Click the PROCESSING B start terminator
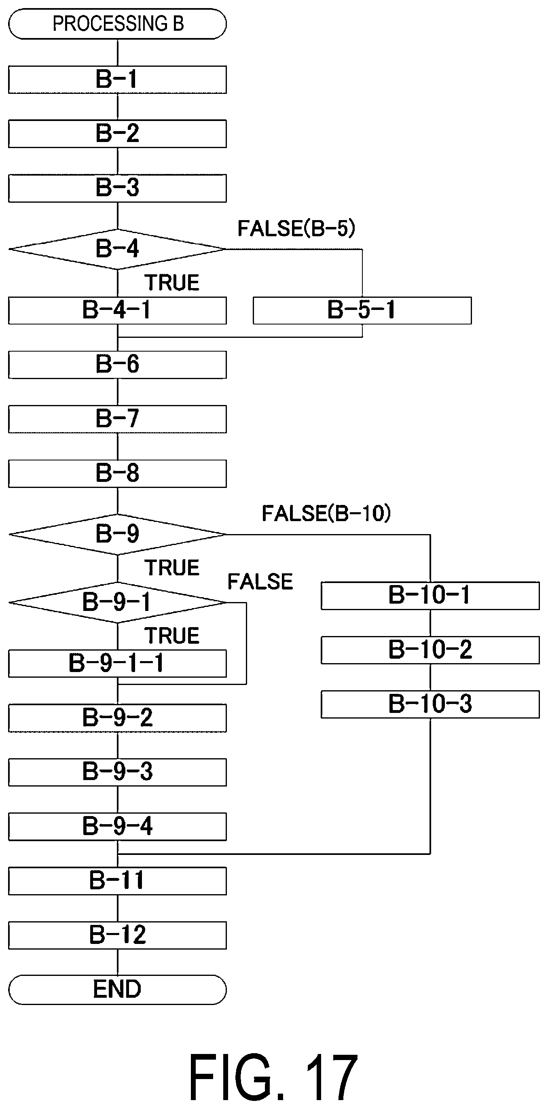coord(117,24)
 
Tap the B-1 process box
coord(117,80)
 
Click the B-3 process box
coord(117,188)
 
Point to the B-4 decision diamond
coord(117,249)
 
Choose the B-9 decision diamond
coord(117,534)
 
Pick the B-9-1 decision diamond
coord(117,602)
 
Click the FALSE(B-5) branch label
coord(296,228)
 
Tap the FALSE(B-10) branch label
coord(326,513)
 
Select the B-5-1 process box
coord(362,310)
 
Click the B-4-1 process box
coord(117,310)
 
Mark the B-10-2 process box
coord(430,650)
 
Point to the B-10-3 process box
coord(430,704)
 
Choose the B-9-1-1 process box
coord(117,664)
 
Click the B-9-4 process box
coord(117,826)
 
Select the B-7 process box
coord(117,418)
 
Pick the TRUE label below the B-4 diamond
coord(172,283)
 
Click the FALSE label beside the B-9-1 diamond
coord(260,582)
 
